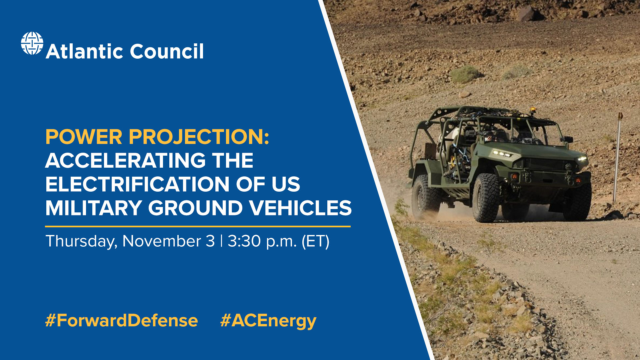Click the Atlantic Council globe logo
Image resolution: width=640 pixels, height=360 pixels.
[32, 43]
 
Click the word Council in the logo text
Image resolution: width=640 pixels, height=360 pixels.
[166, 51]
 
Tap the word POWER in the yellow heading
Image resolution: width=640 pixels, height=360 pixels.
[84, 137]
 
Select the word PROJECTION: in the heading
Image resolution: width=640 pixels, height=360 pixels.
[199, 137]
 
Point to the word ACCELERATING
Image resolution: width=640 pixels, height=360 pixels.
[125, 160]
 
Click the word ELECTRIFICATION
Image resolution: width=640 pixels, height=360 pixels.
[137, 184]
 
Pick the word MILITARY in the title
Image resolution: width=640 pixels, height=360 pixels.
[94, 208]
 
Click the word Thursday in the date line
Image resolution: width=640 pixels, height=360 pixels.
[81, 241]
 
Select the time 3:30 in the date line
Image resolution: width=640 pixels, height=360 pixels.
[244, 241]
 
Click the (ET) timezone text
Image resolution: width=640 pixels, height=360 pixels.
[315, 241]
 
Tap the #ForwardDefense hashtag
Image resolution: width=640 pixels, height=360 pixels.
[121, 320]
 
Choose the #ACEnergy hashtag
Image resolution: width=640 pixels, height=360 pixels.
[268, 320]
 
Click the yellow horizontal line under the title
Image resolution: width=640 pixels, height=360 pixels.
[198, 226]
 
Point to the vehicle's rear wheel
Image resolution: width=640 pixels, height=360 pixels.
[425, 196]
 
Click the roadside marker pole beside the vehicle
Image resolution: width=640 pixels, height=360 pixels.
[617, 157]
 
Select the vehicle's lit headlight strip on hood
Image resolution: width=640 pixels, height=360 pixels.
[503, 153]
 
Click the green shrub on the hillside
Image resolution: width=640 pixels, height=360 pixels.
[465, 74]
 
